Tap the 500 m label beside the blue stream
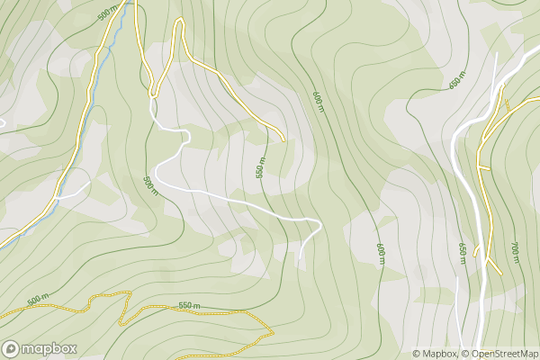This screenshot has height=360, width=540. [108, 13]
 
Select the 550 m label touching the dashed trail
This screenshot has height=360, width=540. [188, 307]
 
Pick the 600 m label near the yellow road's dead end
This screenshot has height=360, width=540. [317, 101]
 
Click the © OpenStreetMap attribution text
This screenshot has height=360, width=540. [499, 354]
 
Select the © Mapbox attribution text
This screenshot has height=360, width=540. [436, 354]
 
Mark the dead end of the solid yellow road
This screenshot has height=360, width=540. [283, 139]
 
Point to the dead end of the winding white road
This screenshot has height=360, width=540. [300, 261]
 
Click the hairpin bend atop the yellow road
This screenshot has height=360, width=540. [180, 21]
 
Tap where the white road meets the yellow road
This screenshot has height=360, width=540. [152, 94]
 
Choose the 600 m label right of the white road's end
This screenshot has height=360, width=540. [380, 253]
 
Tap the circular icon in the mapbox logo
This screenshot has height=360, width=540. [12, 348]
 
